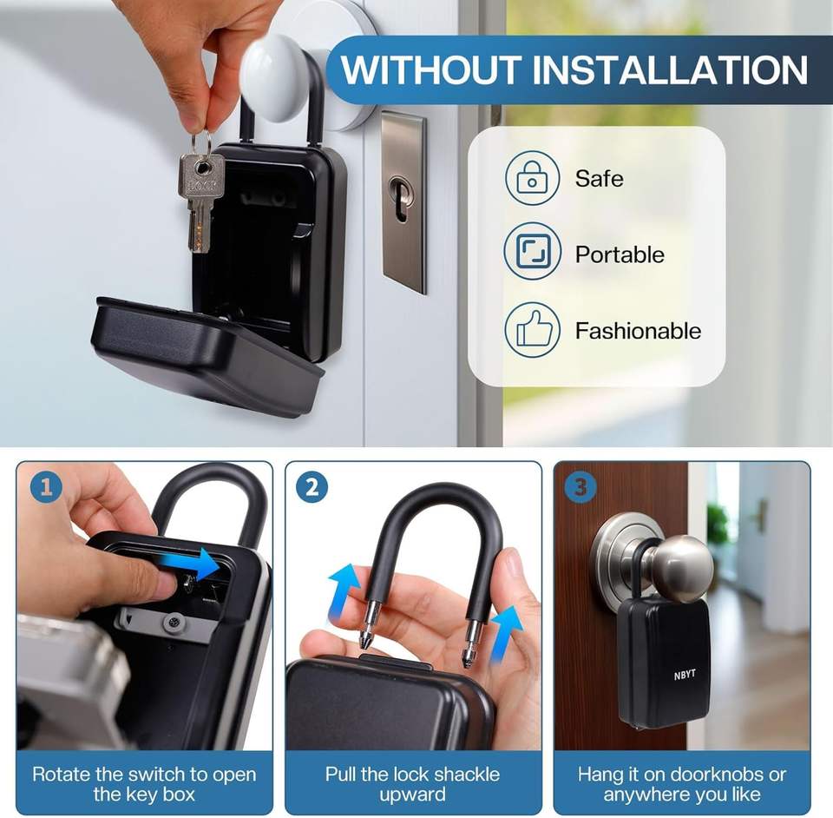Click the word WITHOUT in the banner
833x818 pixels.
(430, 69)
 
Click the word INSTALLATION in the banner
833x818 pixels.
(669, 69)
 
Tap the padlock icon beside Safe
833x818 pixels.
(532, 177)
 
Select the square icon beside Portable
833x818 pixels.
(532, 252)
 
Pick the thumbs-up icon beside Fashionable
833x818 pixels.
(532, 329)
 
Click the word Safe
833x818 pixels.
(600, 178)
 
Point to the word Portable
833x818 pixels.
(620, 254)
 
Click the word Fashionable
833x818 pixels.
(638, 331)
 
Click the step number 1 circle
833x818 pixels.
(46, 487)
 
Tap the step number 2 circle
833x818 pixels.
(312, 487)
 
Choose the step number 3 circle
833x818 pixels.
(580, 487)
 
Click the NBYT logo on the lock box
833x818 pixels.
(685, 675)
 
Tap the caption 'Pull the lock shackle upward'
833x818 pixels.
(412, 784)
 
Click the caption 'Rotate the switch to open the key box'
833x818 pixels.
(144, 784)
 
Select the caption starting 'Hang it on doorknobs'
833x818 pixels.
(682, 784)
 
